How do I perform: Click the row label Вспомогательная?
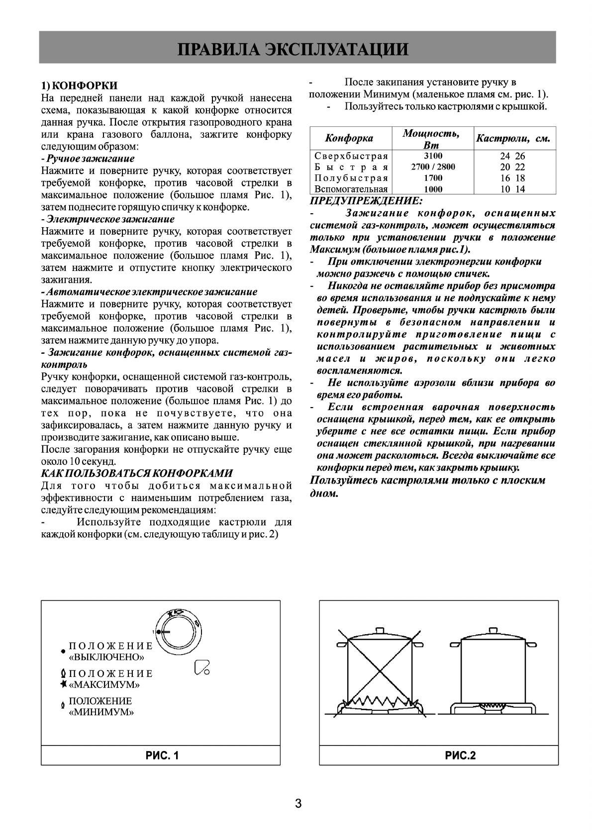(x=351, y=189)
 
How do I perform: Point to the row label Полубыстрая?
(x=351, y=178)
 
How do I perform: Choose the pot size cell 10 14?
(x=512, y=189)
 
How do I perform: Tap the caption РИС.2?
(x=460, y=756)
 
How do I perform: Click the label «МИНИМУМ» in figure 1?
(x=101, y=712)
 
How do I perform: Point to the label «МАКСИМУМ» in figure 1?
(x=104, y=685)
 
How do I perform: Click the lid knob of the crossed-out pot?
(x=381, y=631)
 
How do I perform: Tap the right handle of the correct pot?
(x=531, y=645)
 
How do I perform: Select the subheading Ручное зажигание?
(x=90, y=159)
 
